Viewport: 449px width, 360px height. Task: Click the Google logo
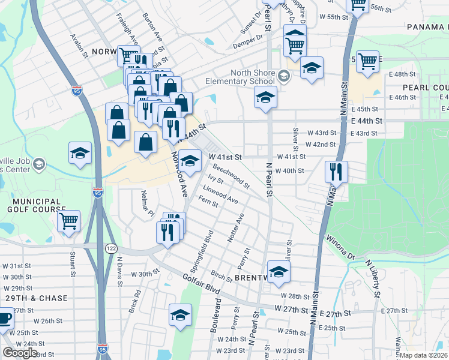click(x=20, y=353)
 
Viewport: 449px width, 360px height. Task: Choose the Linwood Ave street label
click(x=224, y=196)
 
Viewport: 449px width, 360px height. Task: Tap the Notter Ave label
click(x=235, y=228)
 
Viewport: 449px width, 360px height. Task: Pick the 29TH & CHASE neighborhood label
click(x=33, y=298)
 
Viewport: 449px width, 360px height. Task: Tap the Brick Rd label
click(x=134, y=302)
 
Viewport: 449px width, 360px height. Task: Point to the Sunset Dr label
click(x=252, y=25)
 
